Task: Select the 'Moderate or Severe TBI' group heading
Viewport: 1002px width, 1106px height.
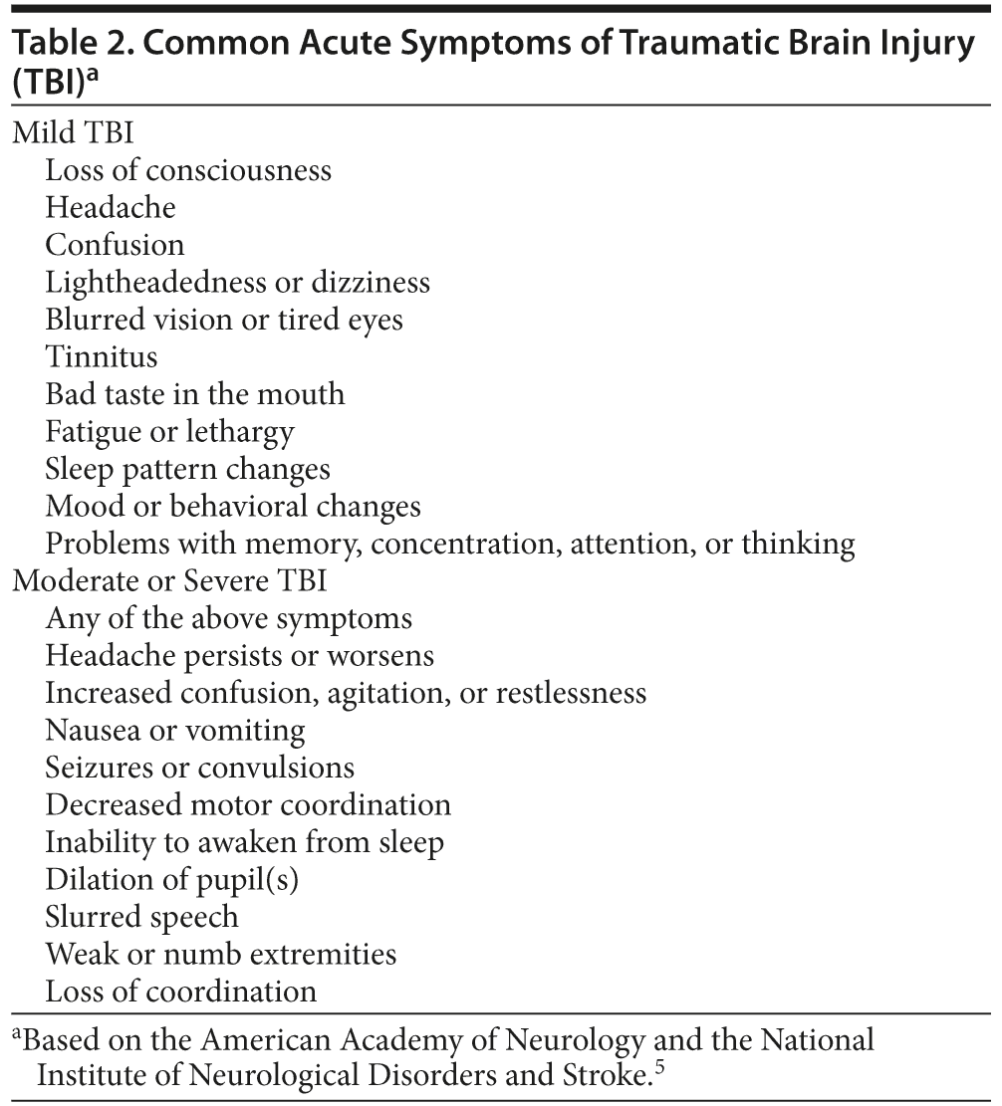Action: (x=169, y=581)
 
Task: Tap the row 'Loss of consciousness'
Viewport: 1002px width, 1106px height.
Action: (x=188, y=170)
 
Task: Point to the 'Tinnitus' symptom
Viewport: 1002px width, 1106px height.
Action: (x=102, y=356)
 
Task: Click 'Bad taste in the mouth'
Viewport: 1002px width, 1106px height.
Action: (x=195, y=394)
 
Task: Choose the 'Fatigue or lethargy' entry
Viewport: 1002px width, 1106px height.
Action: (x=169, y=432)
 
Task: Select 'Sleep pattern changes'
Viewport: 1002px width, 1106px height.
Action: (x=187, y=469)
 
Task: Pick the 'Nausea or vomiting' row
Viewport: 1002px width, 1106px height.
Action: (x=175, y=731)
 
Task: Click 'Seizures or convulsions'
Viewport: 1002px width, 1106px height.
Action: (x=200, y=768)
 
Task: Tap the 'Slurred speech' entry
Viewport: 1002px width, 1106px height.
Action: (x=141, y=917)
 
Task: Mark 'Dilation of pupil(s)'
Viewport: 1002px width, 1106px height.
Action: (x=172, y=880)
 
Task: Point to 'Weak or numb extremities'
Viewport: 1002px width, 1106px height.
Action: (x=221, y=955)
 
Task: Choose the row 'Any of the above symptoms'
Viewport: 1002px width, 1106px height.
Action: (x=228, y=618)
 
